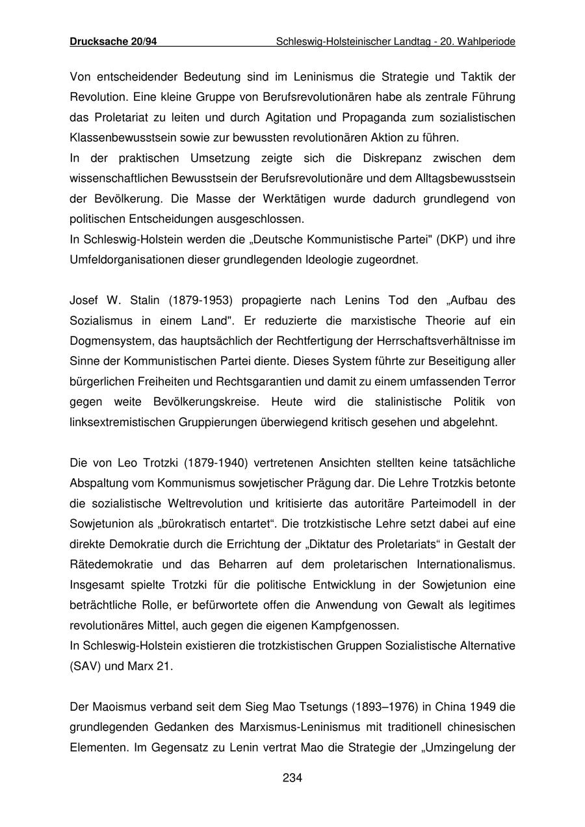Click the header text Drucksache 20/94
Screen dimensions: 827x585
point(113,42)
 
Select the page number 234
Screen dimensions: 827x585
point(292,778)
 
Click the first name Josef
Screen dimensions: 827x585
point(83,300)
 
